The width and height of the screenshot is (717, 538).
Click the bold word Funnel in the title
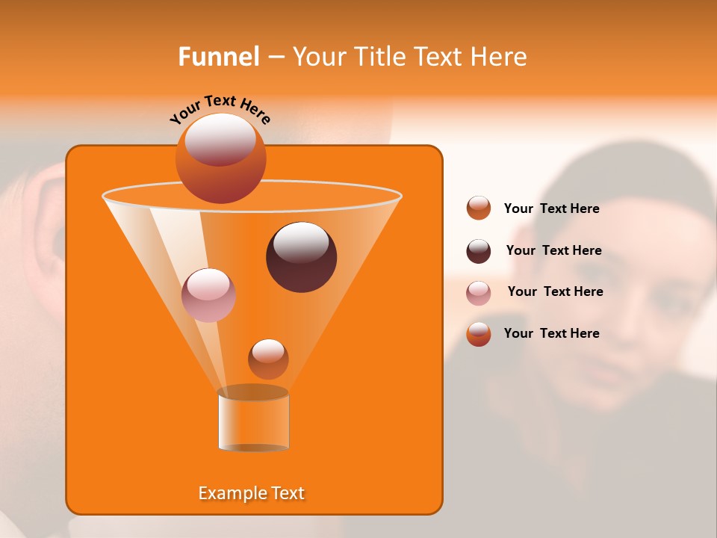tap(218, 57)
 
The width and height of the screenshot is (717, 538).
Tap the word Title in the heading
tap(379, 57)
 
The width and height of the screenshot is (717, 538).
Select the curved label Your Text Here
tap(220, 109)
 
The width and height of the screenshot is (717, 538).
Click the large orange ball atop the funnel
tap(220, 158)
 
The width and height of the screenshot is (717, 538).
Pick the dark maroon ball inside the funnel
tap(301, 257)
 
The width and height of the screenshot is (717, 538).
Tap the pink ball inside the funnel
tap(208, 295)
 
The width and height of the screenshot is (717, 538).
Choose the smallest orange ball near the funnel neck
tap(268, 359)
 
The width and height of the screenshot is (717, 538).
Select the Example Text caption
tap(252, 493)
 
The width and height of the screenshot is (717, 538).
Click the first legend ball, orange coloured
tap(479, 208)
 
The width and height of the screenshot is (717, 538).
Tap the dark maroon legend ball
tap(479, 251)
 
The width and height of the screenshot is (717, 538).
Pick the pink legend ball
tap(479, 293)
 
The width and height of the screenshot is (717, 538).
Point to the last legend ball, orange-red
tap(479, 334)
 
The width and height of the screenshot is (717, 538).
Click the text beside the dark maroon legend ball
tap(553, 250)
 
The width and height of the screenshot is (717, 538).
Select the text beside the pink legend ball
tap(555, 291)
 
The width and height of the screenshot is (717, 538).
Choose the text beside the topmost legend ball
tap(551, 208)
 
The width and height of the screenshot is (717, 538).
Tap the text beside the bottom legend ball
tap(551, 333)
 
